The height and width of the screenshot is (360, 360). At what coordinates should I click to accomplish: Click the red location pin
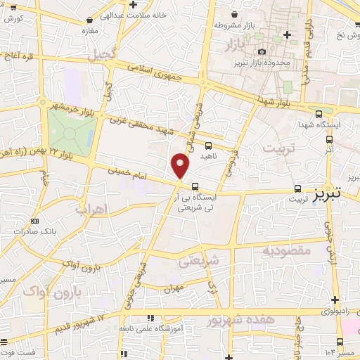(x=181, y=166)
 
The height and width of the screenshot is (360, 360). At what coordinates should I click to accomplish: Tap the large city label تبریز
(x=331, y=192)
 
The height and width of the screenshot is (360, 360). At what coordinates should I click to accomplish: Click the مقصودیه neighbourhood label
(x=286, y=250)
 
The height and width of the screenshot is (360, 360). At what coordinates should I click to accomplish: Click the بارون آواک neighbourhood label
(x=78, y=291)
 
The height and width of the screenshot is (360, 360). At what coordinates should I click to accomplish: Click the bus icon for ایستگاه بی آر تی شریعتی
(x=194, y=186)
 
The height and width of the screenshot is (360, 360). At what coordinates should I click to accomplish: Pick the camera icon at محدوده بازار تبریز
(x=262, y=51)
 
